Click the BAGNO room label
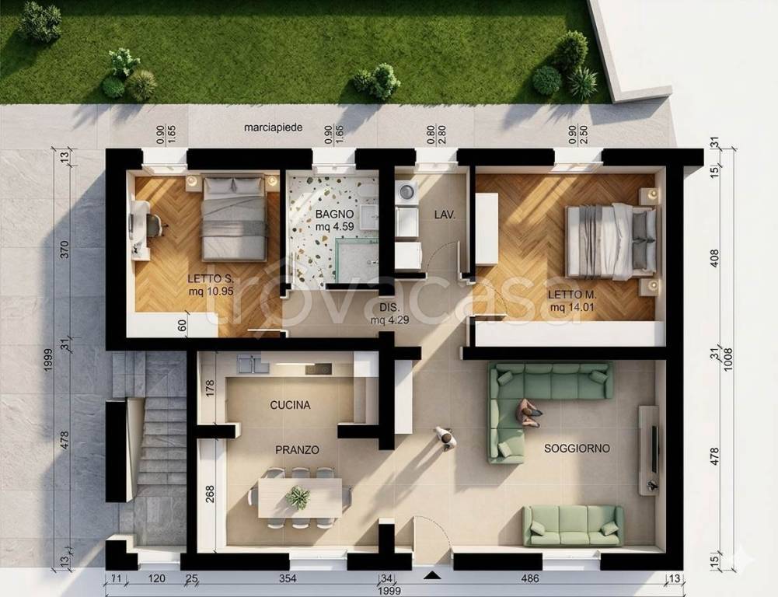pos(334,215)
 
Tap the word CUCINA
pos(290,405)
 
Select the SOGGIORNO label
pos(577,449)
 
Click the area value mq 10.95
pos(211,292)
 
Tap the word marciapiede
pos(274,127)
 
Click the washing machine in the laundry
pos(406,191)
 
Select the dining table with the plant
pos(300,497)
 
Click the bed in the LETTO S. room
pos(234,218)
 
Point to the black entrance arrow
pos(433,575)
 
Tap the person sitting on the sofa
pos(528,413)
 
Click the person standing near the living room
pos(446,438)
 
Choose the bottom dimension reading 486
pos(530,578)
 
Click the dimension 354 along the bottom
pos(288,578)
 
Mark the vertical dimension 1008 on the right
pos(728,360)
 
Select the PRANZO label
pos(297,450)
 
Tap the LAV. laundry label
pos(445,215)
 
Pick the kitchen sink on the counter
pos(253,364)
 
